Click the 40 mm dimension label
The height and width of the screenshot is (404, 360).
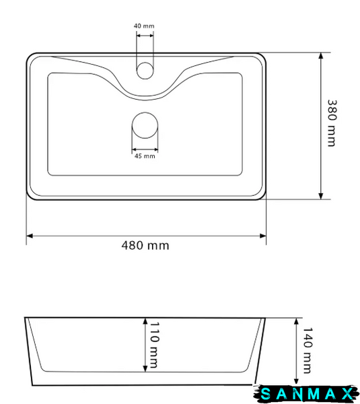pyautogui.click(x=144, y=26)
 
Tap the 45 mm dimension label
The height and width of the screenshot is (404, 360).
pyautogui.click(x=145, y=156)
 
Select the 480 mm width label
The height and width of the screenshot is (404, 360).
pyautogui.click(x=145, y=246)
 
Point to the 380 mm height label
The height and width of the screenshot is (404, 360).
pyautogui.click(x=332, y=123)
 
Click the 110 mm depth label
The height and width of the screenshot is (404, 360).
pyautogui.click(x=154, y=345)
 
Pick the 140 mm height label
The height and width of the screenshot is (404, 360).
pyautogui.click(x=308, y=350)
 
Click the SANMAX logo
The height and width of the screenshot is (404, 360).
pyautogui.click(x=306, y=394)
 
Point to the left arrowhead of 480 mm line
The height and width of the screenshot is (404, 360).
pyautogui.click(x=30, y=236)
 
